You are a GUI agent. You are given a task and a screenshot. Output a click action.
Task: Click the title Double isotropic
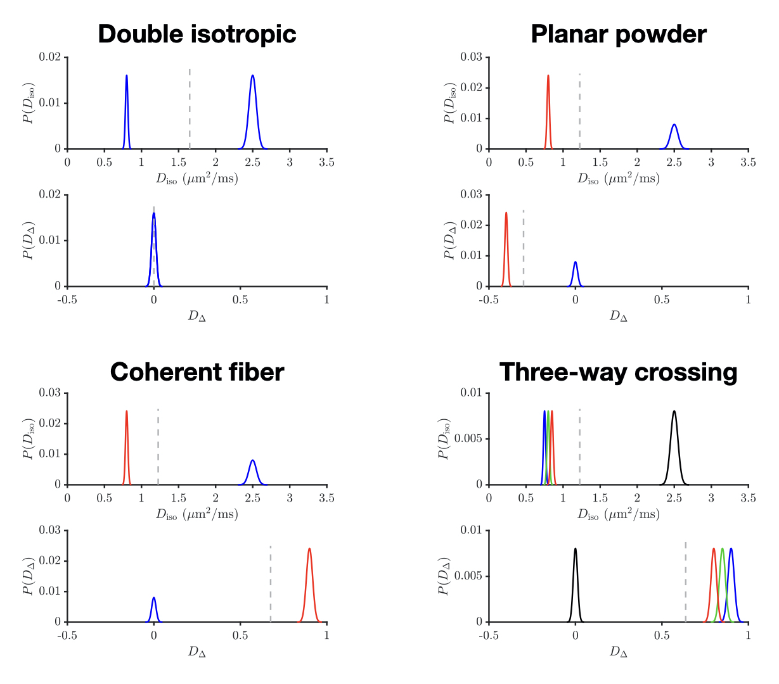(197, 34)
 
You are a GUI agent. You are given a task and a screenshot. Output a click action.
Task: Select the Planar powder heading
(618, 34)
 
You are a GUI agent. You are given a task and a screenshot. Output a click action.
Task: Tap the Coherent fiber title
(197, 372)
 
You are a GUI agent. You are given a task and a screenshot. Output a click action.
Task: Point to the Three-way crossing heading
(618, 372)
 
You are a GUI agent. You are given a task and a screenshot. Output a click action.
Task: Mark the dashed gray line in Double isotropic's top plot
(190, 108)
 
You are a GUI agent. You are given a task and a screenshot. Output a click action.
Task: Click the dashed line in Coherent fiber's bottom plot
(271, 583)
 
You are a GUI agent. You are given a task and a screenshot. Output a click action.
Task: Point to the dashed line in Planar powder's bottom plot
(524, 247)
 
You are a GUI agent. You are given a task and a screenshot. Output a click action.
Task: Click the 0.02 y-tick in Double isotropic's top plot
(50, 57)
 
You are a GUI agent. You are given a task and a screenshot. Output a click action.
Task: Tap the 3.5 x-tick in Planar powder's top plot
(748, 163)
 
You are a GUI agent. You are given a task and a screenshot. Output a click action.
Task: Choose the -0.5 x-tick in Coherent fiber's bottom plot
(67, 635)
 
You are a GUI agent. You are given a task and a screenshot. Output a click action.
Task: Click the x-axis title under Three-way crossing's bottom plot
(618, 651)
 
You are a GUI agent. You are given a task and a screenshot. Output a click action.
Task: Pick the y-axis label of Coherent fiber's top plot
(29, 438)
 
